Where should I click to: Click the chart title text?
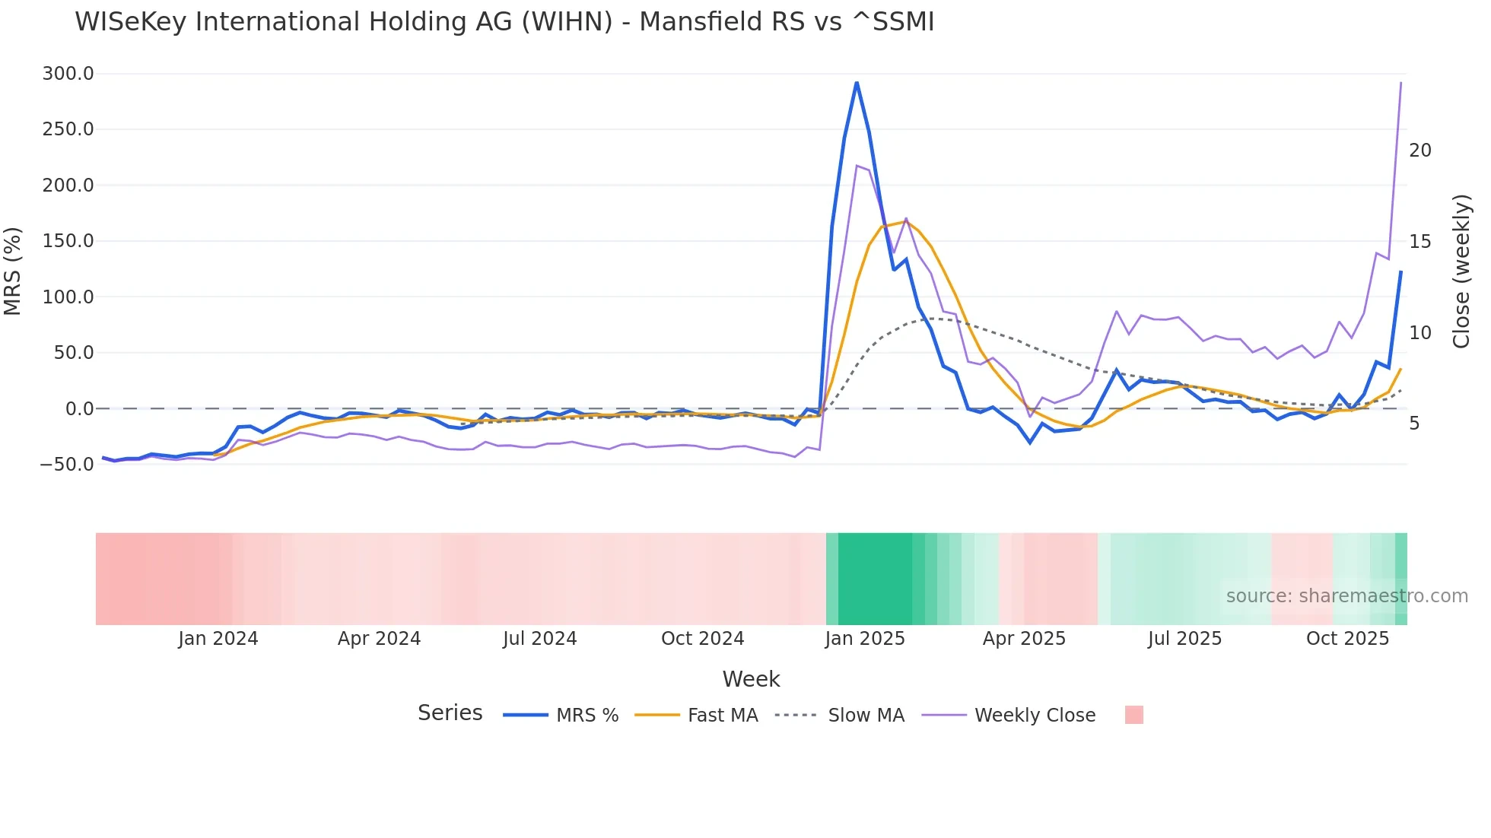coord(504,22)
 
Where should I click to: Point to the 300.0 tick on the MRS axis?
coord(68,74)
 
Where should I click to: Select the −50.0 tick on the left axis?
coord(66,464)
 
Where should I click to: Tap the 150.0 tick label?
coord(68,241)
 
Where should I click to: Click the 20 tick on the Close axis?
coord(1419,151)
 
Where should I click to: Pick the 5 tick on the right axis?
coord(1413,424)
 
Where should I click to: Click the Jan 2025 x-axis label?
coord(864,639)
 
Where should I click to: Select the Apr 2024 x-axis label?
coord(379,639)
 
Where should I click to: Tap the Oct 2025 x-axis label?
coord(1347,639)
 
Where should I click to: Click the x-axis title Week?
coord(751,679)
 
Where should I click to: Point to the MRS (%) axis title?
coord(13,271)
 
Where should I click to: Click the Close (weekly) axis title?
coord(1461,271)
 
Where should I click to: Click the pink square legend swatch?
coord(1133,715)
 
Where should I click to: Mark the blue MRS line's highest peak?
coord(857,83)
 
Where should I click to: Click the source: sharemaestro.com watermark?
coord(1346,596)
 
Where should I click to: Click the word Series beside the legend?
coord(450,713)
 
